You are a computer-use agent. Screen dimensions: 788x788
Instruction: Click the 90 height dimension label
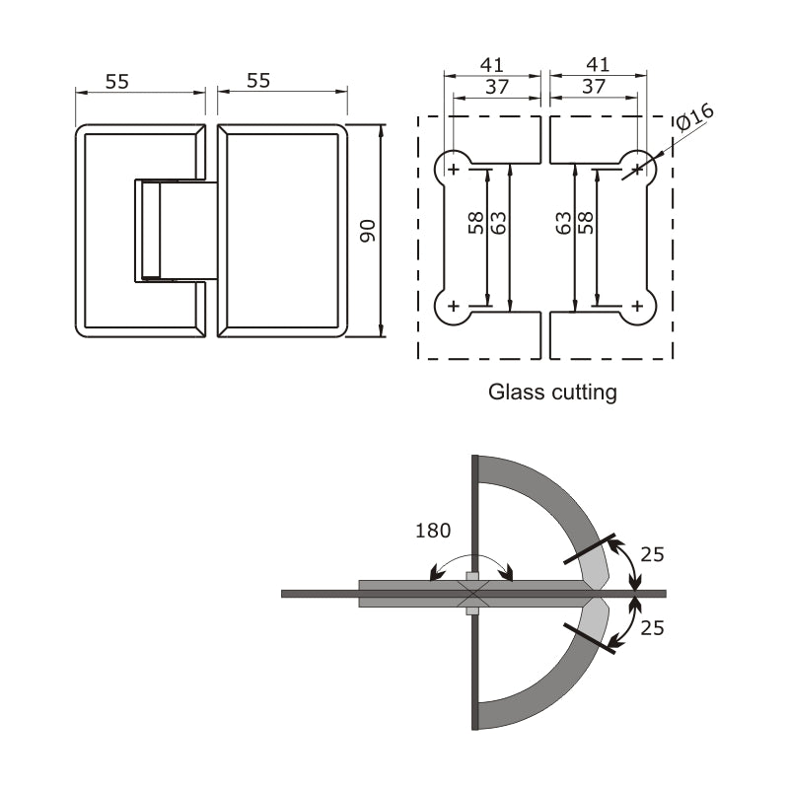coord(368,231)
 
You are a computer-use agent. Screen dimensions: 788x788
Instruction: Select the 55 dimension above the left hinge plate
coord(117,81)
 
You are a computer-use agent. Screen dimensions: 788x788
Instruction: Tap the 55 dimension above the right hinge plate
coord(258,81)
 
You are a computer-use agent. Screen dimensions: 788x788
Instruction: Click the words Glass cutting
coord(552,392)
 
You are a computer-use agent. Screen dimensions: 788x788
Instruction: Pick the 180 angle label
coord(432,531)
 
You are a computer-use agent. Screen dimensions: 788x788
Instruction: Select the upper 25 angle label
coord(652,554)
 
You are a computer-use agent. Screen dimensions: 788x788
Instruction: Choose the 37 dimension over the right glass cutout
coord(594,87)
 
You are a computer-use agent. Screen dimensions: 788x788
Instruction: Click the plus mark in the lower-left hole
coord(454,307)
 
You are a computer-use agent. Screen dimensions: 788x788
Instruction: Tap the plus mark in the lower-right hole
coord(637,307)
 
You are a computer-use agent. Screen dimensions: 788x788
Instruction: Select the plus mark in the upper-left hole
coord(454,171)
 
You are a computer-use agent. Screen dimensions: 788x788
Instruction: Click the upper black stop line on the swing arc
coord(590,549)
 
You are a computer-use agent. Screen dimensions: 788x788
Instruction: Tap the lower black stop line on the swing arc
coord(590,638)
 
